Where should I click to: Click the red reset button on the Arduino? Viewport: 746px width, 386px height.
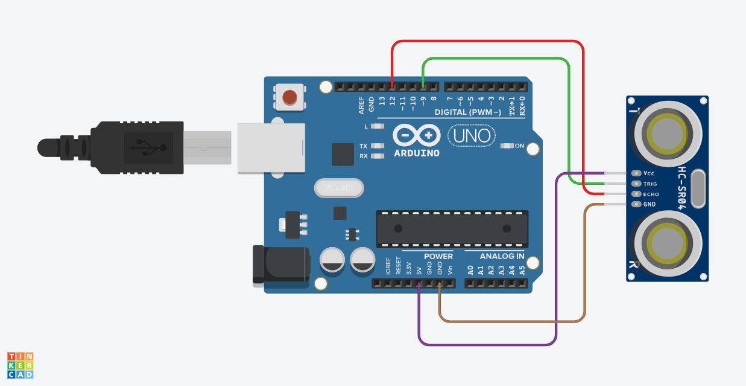point(290,97)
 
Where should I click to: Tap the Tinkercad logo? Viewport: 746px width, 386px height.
point(20,365)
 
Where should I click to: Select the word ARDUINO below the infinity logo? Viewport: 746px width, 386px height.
point(417,153)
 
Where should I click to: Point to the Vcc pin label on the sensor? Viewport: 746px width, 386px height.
point(649,173)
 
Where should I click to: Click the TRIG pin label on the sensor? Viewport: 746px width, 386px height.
point(650,184)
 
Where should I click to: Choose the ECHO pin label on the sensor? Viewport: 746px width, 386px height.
point(651,194)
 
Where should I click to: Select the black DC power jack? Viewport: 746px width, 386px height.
point(280,264)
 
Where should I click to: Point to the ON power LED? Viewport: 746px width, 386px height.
point(507,146)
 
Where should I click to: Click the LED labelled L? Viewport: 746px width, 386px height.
point(378,126)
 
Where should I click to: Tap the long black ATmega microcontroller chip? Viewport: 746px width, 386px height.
point(452,228)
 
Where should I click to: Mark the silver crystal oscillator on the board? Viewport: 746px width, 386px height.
point(340,189)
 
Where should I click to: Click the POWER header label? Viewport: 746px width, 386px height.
point(438,257)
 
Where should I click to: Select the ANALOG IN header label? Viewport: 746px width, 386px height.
point(502,257)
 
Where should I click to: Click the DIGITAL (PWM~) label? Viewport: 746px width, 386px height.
point(468,112)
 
